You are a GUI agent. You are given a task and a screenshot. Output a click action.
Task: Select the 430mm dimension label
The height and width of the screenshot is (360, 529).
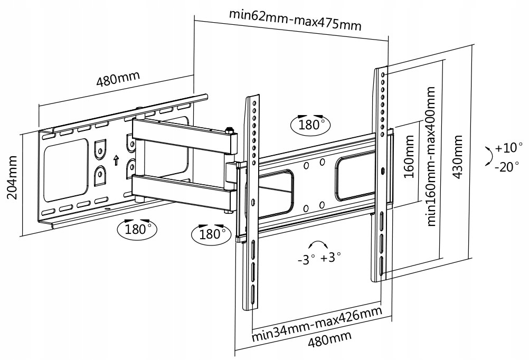[458, 156]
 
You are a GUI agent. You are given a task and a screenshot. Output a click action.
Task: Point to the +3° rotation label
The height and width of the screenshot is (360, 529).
[330, 258]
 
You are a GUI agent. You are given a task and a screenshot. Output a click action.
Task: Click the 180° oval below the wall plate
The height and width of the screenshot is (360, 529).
[135, 229]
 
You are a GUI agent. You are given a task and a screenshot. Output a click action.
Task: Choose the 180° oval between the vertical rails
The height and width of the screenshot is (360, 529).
[309, 125]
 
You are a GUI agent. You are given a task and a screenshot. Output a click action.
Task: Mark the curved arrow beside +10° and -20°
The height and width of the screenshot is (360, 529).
[488, 157]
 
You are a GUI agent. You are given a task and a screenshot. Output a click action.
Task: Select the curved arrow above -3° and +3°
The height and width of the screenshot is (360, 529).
[318, 245]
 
